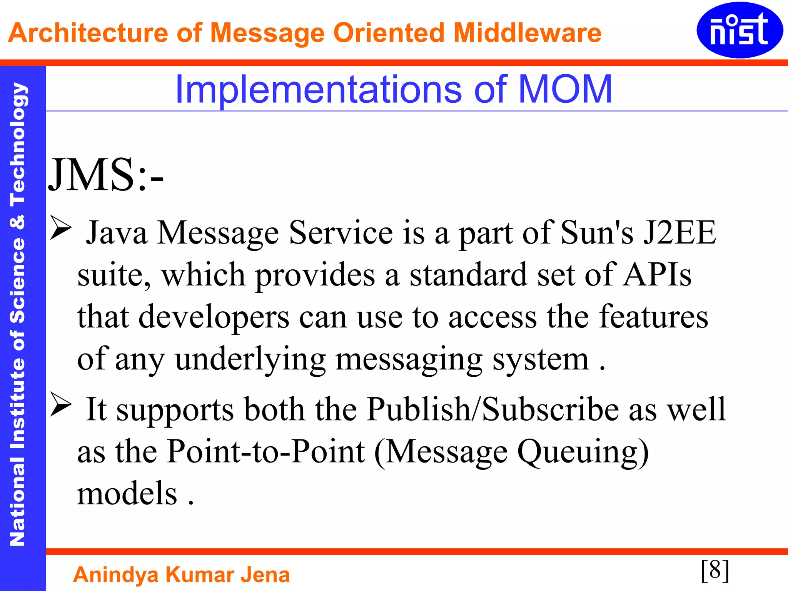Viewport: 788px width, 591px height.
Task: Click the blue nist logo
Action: (739, 30)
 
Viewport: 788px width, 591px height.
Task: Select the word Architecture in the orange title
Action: (88, 33)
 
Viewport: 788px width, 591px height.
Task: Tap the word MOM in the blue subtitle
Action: (565, 89)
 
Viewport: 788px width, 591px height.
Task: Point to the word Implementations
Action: (318, 90)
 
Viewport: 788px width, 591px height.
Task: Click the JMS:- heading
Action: (106, 175)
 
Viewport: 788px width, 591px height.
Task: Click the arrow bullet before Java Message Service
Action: (61, 227)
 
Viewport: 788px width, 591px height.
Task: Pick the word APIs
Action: (657, 275)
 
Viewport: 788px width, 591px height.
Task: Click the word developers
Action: (214, 317)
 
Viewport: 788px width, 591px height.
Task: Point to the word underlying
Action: (250, 359)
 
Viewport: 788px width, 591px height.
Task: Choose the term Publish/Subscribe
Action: (493, 409)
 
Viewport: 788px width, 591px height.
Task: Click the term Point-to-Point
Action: (266, 451)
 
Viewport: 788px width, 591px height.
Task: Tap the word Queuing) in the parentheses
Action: (583, 452)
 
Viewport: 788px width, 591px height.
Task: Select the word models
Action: (127, 494)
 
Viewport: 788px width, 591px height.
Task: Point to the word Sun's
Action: (597, 232)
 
